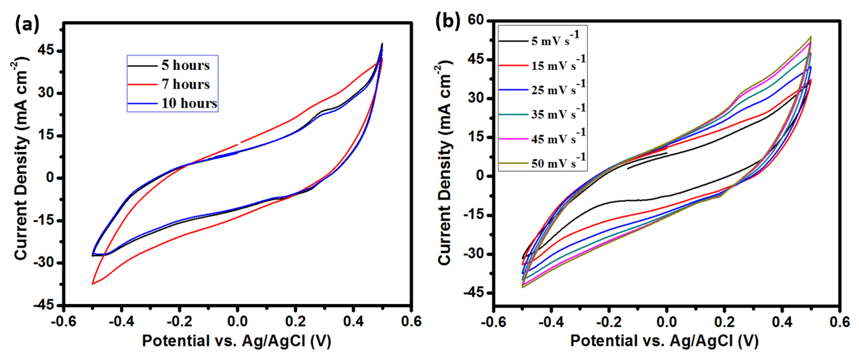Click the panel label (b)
[x=447, y=21]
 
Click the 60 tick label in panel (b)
[x=476, y=20]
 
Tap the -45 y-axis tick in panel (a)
[x=43, y=305]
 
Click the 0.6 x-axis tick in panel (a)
[x=411, y=321]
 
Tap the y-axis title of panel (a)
[x=21, y=160]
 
